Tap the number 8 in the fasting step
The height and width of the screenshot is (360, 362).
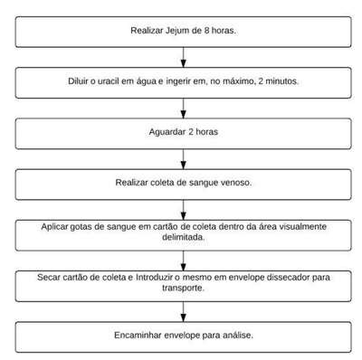click(x=206, y=31)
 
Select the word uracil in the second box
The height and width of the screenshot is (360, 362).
click(x=109, y=81)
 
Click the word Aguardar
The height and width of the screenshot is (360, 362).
click(x=167, y=132)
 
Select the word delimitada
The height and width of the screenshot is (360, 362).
click(x=184, y=237)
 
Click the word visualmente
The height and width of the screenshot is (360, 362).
click(x=302, y=226)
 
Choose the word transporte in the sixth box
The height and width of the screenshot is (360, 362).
click(x=183, y=288)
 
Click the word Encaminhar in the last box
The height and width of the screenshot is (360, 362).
click(x=138, y=336)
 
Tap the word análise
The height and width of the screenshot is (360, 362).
click(x=238, y=336)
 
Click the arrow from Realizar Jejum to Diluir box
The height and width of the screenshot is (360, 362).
click(x=184, y=57)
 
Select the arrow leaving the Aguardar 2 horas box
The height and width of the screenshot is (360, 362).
click(x=184, y=159)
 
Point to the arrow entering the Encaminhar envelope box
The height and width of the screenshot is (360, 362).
click(x=184, y=311)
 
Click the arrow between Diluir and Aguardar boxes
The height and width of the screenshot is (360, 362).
click(x=184, y=108)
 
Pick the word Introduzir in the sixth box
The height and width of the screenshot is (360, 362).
click(x=154, y=277)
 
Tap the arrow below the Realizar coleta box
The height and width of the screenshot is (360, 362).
click(x=184, y=210)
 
